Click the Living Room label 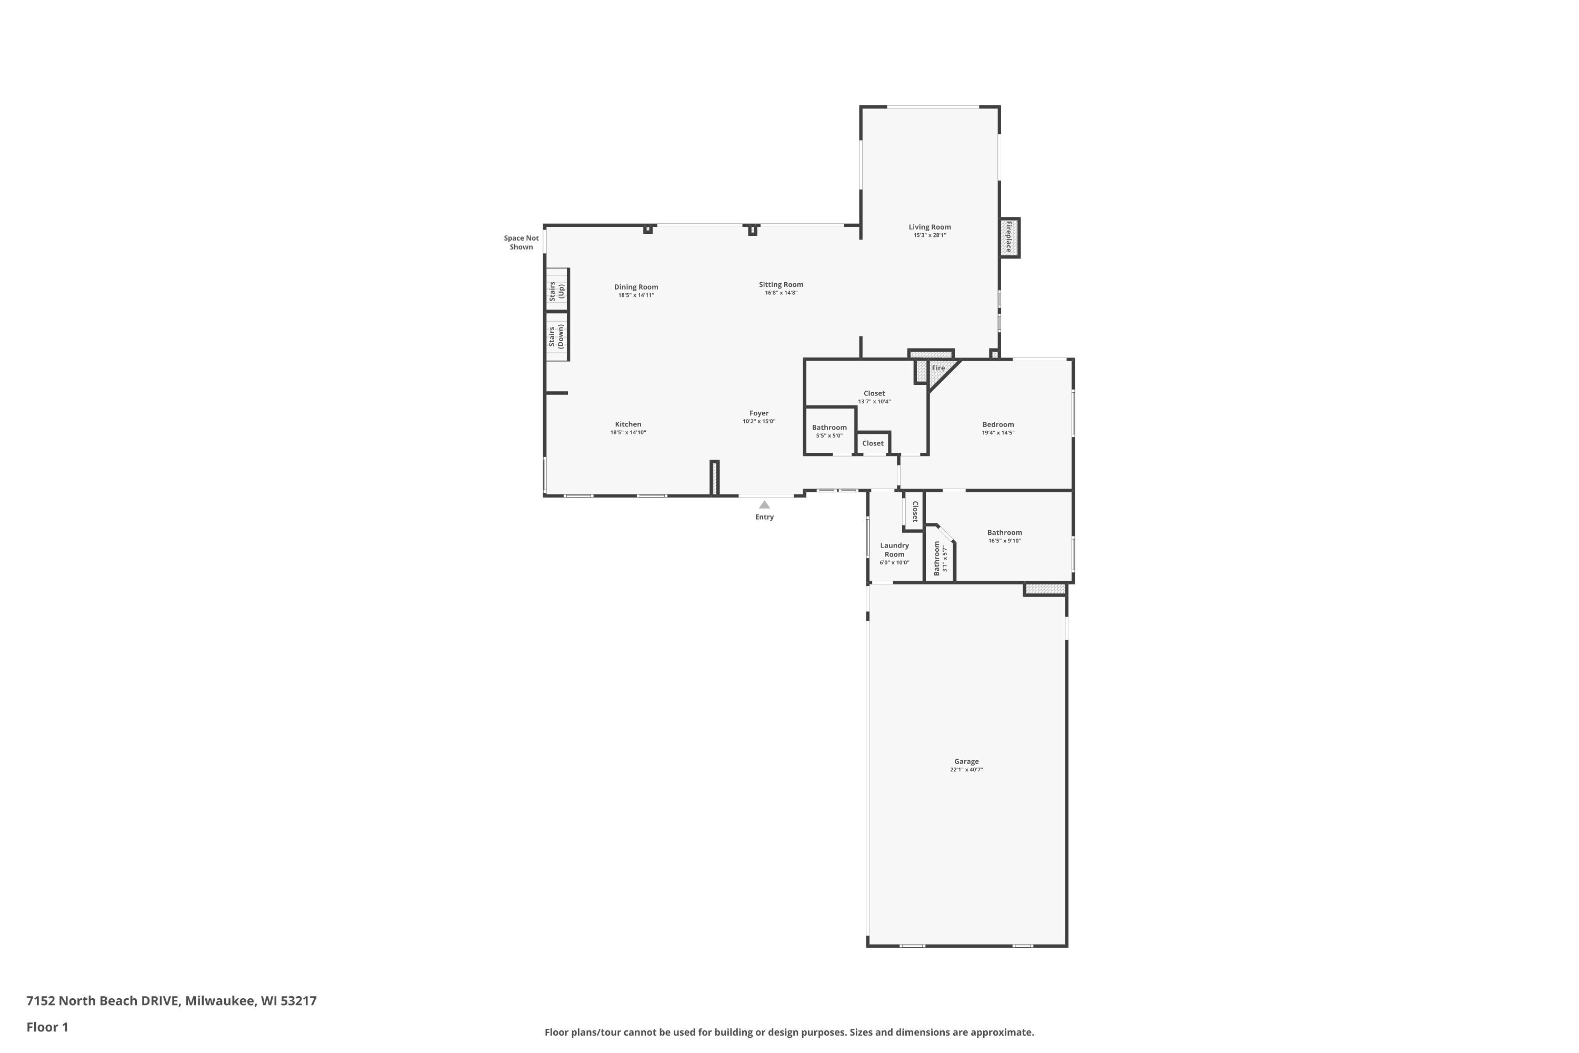click(x=930, y=227)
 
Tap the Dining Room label click(x=636, y=287)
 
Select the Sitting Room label click(x=781, y=285)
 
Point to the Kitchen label click(x=628, y=424)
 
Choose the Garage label click(x=966, y=761)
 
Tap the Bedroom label click(x=997, y=424)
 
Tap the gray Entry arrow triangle click(x=764, y=504)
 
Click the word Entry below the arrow click(x=764, y=517)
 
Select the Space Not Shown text click(x=521, y=242)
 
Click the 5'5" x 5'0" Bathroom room click(x=830, y=431)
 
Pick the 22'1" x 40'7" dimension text click(x=966, y=770)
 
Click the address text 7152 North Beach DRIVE click(x=103, y=1001)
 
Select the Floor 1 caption click(x=47, y=1027)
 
